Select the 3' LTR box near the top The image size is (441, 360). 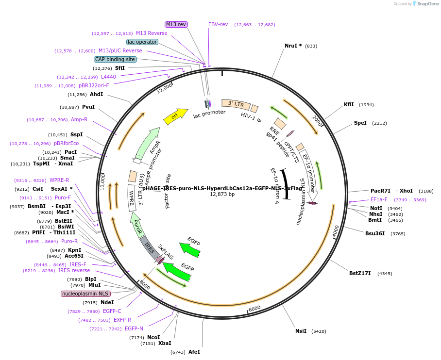tap(236, 104)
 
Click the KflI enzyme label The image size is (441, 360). tap(349, 104)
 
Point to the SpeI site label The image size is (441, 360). tap(360, 123)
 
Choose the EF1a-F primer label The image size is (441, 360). tap(379, 199)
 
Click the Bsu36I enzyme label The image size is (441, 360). tap(375, 233)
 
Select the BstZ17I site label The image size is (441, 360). tap(360, 273)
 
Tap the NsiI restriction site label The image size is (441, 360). tap(301, 331)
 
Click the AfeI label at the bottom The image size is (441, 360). tap(194, 352)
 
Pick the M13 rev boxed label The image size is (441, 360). tap(176, 24)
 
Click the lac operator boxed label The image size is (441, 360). tap(142, 42)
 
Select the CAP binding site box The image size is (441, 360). tap(115, 59)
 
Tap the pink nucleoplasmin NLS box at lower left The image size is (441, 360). tap(85, 294)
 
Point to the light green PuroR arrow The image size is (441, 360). tap(138, 226)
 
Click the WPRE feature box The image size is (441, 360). tap(131, 198)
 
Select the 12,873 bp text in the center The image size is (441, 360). tap(222, 194)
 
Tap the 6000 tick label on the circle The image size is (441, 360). tap(254, 308)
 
